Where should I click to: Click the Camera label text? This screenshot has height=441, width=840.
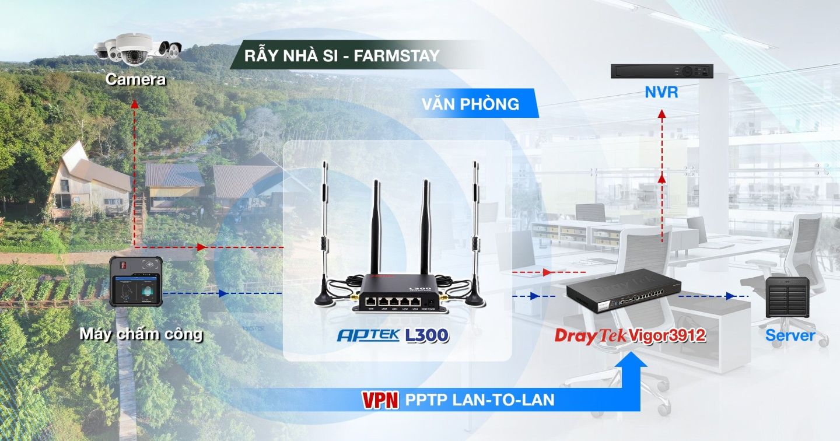(x=135, y=79)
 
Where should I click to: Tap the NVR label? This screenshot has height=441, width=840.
(x=661, y=92)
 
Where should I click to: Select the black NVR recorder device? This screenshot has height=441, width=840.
(x=662, y=71)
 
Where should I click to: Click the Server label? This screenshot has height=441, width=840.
(x=790, y=335)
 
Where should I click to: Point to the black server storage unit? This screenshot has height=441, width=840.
(x=787, y=297)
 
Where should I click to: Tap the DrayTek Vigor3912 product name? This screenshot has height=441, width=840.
(x=630, y=335)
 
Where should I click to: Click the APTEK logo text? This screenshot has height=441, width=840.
(x=368, y=335)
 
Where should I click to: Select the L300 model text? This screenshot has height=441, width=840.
(x=427, y=335)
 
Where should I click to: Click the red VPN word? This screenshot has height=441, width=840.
(x=380, y=400)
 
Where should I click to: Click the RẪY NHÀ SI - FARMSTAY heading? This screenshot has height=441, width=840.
(x=342, y=56)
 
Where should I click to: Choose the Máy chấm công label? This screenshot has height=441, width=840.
(x=141, y=334)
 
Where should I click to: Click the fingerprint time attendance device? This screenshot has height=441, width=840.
(x=136, y=282)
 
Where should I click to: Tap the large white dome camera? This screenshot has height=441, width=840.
(x=133, y=50)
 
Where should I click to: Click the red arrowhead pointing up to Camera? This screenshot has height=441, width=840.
(x=135, y=104)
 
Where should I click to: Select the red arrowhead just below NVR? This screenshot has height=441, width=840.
(x=662, y=114)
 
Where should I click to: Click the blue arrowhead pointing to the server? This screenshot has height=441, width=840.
(x=730, y=296)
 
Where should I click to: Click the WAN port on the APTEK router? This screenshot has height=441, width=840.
(x=371, y=301)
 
